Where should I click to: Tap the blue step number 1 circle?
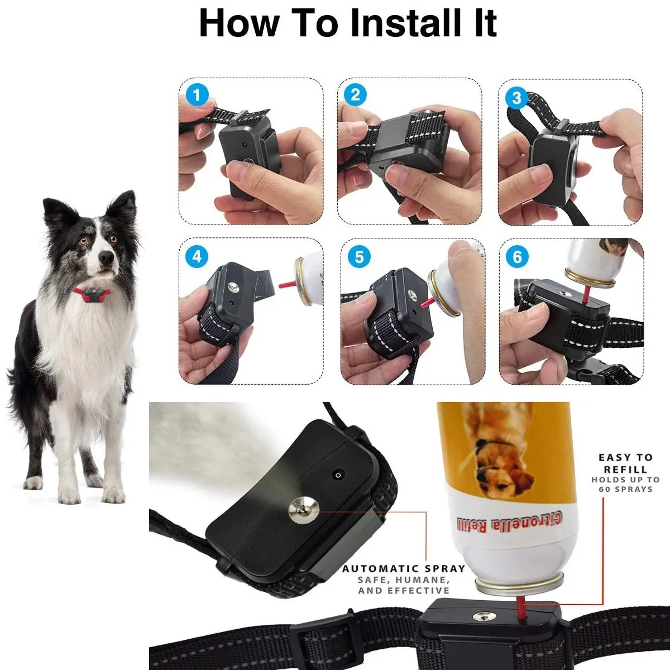pyautogui.click(x=196, y=95)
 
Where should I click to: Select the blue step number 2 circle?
pyautogui.click(x=355, y=95)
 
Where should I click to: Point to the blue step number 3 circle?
pyautogui.click(x=516, y=98)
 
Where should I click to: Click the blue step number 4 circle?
pyautogui.click(x=197, y=257)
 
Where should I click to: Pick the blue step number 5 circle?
pyautogui.click(x=358, y=257)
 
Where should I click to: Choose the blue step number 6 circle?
pyautogui.click(x=517, y=257)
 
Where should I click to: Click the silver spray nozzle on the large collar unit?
pyautogui.click(x=300, y=511)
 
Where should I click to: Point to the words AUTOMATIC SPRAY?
pyautogui.click(x=404, y=568)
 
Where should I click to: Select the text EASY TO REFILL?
pyautogui.click(x=625, y=463)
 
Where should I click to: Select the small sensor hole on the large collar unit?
pyautogui.click(x=337, y=475)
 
